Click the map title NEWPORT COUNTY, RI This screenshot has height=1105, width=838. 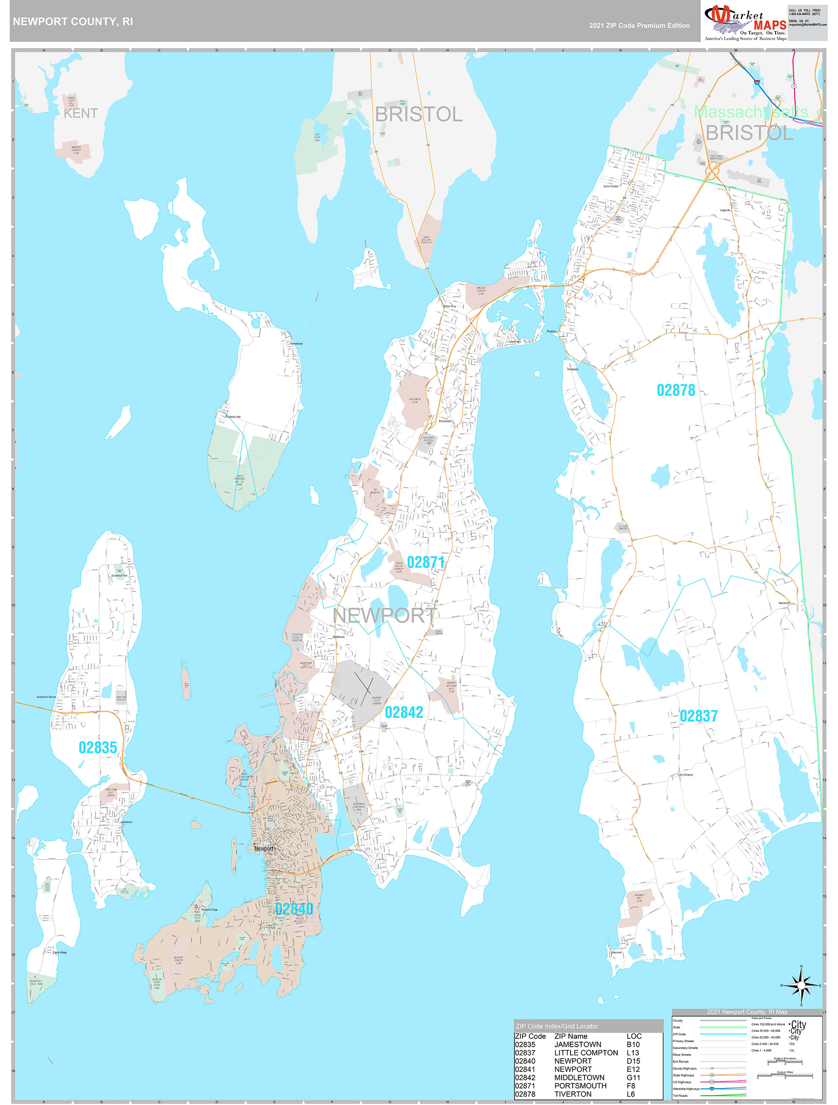click(73, 22)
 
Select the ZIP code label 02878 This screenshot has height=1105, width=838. click(676, 390)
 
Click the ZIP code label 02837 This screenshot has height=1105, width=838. click(699, 716)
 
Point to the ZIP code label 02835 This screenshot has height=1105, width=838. click(98, 747)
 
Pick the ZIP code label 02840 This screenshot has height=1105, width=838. click(294, 909)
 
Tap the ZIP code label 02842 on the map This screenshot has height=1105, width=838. click(404, 712)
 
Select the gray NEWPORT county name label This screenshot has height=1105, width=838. click(384, 615)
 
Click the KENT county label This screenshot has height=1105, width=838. click(80, 113)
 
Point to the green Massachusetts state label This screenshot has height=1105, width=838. click(751, 112)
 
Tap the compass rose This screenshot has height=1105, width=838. click(801, 985)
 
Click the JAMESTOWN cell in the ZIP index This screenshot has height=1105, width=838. click(577, 1045)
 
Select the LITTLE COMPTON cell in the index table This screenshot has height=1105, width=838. click(586, 1053)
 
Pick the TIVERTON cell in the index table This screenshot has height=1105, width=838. click(573, 1094)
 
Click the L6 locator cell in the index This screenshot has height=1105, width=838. click(631, 1094)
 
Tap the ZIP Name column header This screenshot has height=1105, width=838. click(571, 1036)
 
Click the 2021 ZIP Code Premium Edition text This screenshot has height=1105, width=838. click(639, 25)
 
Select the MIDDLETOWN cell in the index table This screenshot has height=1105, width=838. click(579, 1077)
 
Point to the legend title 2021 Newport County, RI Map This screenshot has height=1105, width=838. click(747, 1012)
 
